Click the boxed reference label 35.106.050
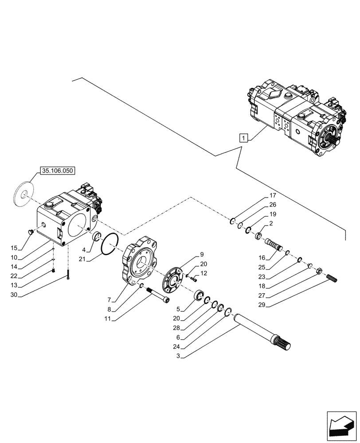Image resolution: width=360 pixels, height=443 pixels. [58, 170]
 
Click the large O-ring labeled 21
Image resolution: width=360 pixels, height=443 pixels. [109, 245]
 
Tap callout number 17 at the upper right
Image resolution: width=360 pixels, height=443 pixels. [272, 196]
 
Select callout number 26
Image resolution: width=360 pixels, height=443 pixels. [272, 205]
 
